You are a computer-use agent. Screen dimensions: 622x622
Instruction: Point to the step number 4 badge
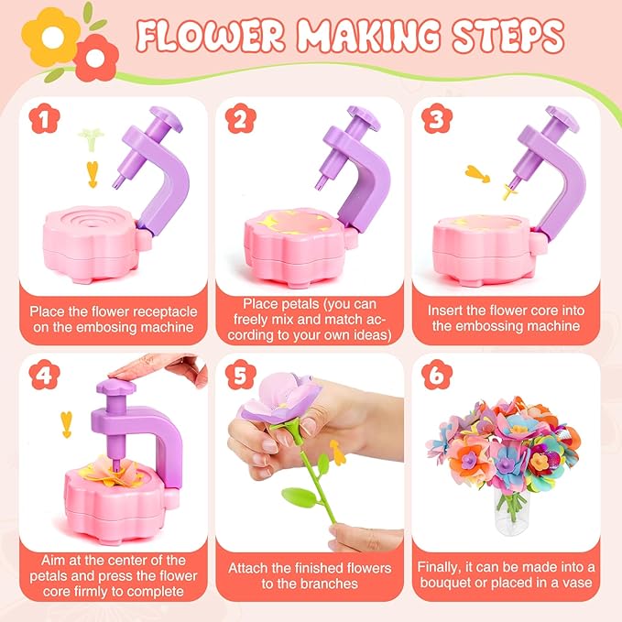coord(39,376)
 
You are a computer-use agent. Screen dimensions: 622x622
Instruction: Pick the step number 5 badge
coord(239,376)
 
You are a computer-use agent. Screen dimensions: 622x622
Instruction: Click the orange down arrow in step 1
coord(91,171)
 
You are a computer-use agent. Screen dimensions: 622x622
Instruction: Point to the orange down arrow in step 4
coord(65,423)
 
